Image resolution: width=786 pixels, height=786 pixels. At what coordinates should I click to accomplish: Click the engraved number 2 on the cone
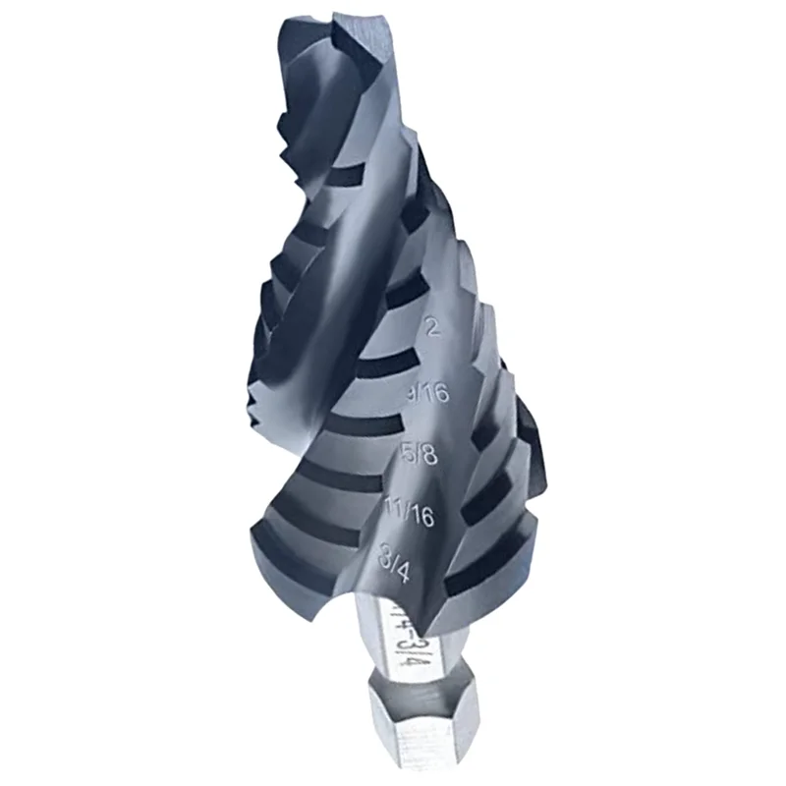[430, 326]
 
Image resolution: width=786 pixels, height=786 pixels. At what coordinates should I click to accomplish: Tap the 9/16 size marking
[426, 393]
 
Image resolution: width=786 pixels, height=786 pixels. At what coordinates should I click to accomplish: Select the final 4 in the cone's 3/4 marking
[413, 567]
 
